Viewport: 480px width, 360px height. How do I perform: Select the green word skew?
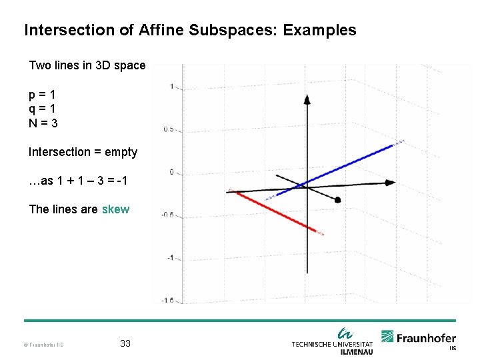pos(115,209)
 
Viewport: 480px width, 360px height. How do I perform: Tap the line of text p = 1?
pos(41,95)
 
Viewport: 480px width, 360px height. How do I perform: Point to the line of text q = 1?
pos(41,109)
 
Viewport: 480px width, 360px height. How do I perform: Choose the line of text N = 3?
pos(43,123)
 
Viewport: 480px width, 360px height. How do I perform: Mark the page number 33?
pos(125,344)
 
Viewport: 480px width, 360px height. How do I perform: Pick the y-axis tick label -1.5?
pos(167,301)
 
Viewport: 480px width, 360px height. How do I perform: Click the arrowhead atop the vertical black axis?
pos(307,99)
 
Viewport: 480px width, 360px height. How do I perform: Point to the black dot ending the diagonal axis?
pos(338,199)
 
